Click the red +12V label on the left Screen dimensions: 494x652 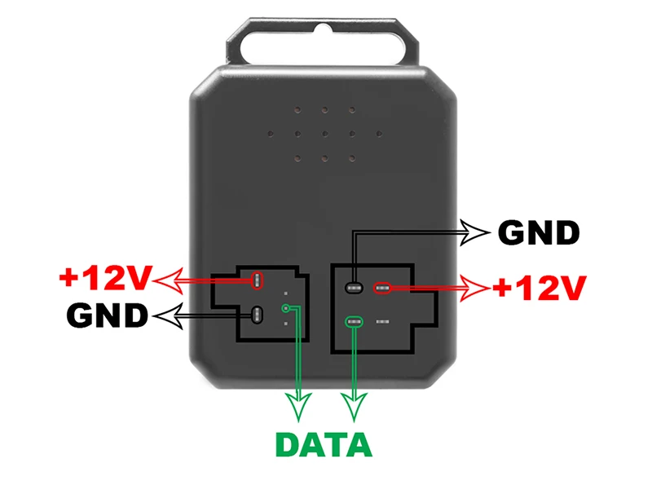coord(105,279)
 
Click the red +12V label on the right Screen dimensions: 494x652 coord(539,288)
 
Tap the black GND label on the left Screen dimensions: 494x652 coord(108,315)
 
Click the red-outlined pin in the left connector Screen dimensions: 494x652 coord(258,280)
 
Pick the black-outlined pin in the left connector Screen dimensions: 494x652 coord(258,314)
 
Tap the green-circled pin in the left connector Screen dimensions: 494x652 coord(285,308)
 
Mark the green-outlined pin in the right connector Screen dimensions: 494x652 coord(353,323)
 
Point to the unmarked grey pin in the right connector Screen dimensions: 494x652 coord(382,323)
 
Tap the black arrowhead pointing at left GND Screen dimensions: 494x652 coord(166,315)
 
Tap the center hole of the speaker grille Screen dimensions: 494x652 coord(324,132)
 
